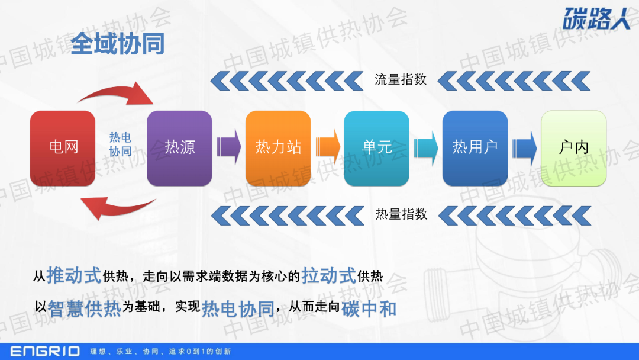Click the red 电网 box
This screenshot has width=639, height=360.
tap(63, 149)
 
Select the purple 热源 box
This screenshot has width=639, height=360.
tap(179, 149)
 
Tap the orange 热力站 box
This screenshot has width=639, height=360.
tap(278, 149)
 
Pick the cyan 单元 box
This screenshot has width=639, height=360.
tap(376, 149)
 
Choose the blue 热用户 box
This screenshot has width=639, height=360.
tap(475, 149)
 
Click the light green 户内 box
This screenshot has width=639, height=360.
tap(574, 149)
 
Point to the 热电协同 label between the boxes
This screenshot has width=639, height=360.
tap(120, 144)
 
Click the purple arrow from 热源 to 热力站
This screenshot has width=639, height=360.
tap(228, 147)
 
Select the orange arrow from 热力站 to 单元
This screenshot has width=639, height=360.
tap(328, 147)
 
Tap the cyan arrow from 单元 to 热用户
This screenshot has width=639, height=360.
tap(426, 147)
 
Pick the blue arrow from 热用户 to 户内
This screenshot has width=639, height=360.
tap(524, 147)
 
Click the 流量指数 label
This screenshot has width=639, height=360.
tap(401, 79)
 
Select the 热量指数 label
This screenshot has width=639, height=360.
tap(401, 214)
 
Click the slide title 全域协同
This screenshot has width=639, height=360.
tap(118, 44)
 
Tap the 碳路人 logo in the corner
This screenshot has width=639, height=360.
tap(596, 19)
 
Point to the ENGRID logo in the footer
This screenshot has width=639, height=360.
tap(45, 352)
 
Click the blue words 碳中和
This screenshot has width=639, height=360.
tap(369, 308)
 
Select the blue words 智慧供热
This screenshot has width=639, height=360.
tap(85, 308)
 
